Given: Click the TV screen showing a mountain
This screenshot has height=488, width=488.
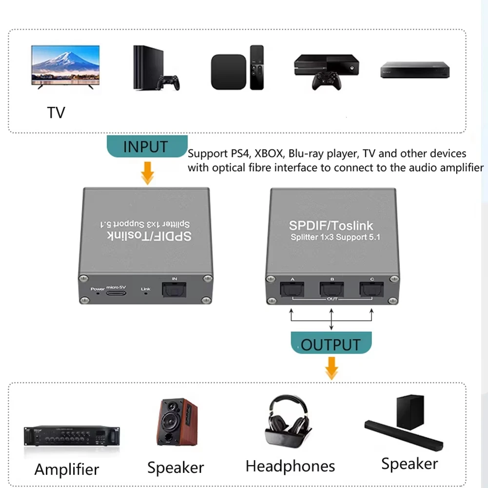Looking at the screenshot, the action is tap(65, 64).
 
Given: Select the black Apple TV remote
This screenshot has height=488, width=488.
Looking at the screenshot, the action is tap(256, 67).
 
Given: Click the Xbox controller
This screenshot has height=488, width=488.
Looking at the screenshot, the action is tap(326, 81).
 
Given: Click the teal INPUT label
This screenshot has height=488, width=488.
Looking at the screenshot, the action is tap(145, 147).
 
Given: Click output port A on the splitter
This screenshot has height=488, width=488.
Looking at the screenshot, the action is tap(292, 290).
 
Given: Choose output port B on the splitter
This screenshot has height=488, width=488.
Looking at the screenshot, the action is tap(332, 290).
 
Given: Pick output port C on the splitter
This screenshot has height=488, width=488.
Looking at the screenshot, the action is tap(371, 290).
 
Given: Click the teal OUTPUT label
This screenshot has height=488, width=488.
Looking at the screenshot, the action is tap(331, 345).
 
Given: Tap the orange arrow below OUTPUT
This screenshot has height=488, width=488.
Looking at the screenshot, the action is tap(332, 368).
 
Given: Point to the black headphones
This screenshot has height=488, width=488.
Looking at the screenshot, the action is tap(287, 420).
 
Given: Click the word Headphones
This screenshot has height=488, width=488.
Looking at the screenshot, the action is tap(290, 466).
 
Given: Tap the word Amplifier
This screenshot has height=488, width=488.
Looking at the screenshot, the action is tap(67, 469).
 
